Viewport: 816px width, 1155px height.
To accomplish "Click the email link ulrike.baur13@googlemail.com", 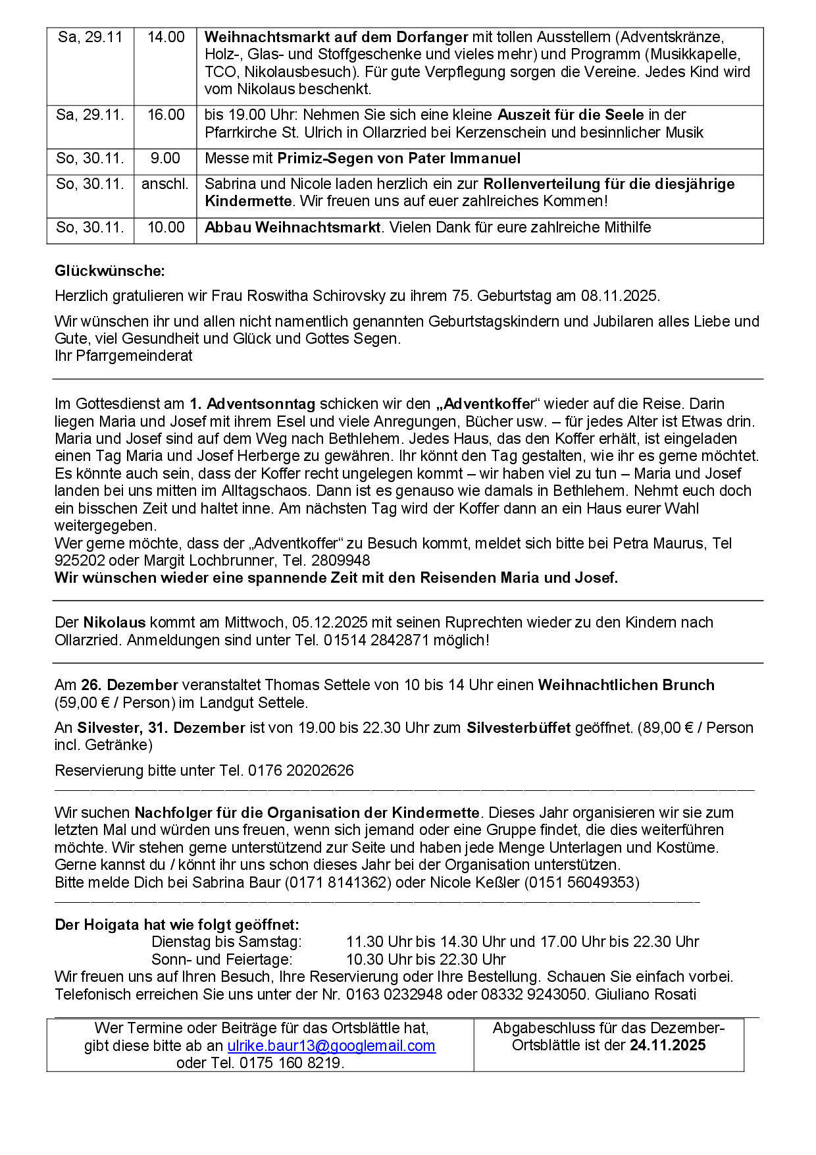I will (x=331, y=1046).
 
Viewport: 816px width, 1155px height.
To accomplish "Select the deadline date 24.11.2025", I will (x=667, y=1045).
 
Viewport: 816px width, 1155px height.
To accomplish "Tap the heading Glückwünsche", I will (x=110, y=271).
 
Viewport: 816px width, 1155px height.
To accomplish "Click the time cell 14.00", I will (x=166, y=38).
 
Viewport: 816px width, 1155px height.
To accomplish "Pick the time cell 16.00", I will (x=166, y=115).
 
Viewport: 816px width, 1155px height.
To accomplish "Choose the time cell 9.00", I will (x=165, y=159).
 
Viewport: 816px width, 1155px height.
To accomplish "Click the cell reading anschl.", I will (x=165, y=184).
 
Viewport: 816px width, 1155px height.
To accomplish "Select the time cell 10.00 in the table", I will (x=166, y=228).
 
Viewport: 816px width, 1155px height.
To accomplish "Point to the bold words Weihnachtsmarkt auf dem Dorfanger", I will (x=336, y=38).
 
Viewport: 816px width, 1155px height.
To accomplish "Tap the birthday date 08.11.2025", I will (x=619, y=296).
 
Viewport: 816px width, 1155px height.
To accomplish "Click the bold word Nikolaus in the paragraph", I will (x=115, y=622).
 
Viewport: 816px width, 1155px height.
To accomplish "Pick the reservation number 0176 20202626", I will (x=301, y=770).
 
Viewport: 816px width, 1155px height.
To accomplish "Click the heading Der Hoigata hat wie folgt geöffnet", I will (x=176, y=925).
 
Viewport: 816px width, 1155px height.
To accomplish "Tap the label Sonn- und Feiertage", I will (x=222, y=959).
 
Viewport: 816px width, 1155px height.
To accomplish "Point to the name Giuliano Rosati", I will (x=645, y=994).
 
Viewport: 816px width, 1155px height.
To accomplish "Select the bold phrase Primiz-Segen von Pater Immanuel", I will (x=399, y=159).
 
